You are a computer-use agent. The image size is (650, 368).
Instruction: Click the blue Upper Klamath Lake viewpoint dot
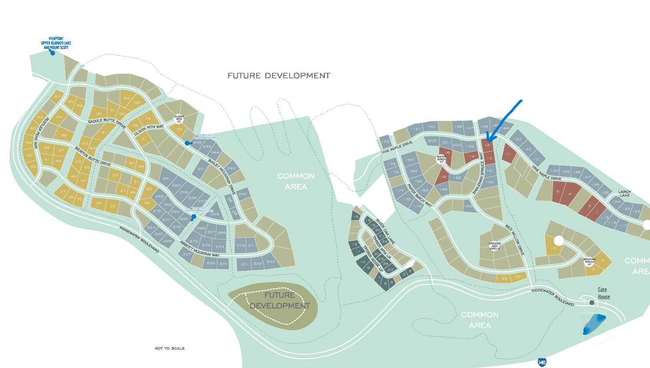coord(53,53)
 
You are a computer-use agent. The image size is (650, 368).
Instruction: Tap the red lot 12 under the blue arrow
coord(488,145)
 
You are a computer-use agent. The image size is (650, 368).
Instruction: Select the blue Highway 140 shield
coord(541,361)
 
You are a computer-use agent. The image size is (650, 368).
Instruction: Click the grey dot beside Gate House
coord(592,302)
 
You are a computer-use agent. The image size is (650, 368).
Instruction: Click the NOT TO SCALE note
coord(169,348)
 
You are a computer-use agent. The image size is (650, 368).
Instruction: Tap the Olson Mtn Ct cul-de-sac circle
coord(179,118)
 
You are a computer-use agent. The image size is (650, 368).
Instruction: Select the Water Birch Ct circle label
coord(441,159)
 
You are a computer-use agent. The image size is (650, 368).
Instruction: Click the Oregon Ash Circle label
coord(495,246)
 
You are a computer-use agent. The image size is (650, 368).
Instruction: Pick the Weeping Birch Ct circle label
coord(589,262)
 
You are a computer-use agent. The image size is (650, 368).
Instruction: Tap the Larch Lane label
coord(624,194)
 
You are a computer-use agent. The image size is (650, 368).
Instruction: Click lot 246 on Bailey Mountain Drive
coord(198,142)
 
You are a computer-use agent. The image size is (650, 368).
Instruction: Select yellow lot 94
coord(126,98)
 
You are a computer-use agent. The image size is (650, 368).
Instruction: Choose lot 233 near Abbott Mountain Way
coord(271,261)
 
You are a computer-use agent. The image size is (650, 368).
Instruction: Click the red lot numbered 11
coord(508,154)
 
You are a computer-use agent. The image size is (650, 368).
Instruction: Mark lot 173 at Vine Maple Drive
coord(385,142)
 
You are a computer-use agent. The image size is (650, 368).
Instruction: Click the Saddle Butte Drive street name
coord(107,124)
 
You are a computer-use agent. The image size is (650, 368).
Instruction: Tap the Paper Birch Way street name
coord(420,195)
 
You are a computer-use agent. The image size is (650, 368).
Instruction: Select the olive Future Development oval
coord(273,304)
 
